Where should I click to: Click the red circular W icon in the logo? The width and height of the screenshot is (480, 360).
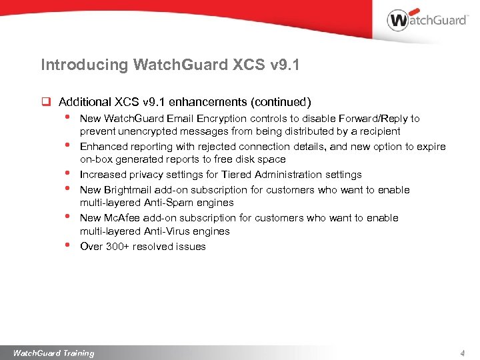[398, 20]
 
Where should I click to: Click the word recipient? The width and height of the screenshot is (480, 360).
[378, 131]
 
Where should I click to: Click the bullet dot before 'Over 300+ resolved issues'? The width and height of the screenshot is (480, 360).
[67, 245]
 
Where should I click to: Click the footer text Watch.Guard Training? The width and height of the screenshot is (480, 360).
[53, 353]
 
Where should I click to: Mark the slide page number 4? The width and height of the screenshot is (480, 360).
[462, 353]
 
